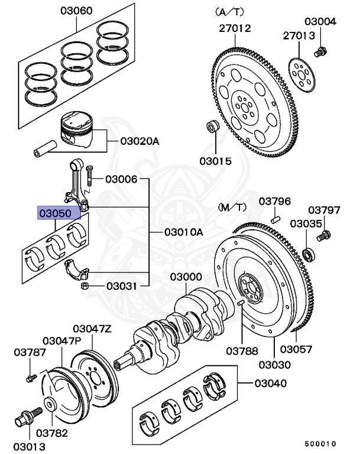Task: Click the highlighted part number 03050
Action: coord(55,213)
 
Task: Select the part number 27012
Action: coord(235,28)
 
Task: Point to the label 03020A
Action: coord(140,141)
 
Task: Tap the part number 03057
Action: coord(296,349)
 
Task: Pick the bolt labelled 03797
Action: coord(323,237)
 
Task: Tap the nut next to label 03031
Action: coord(84,287)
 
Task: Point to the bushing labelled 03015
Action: coord(210,128)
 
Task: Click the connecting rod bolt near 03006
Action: coord(89,176)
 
